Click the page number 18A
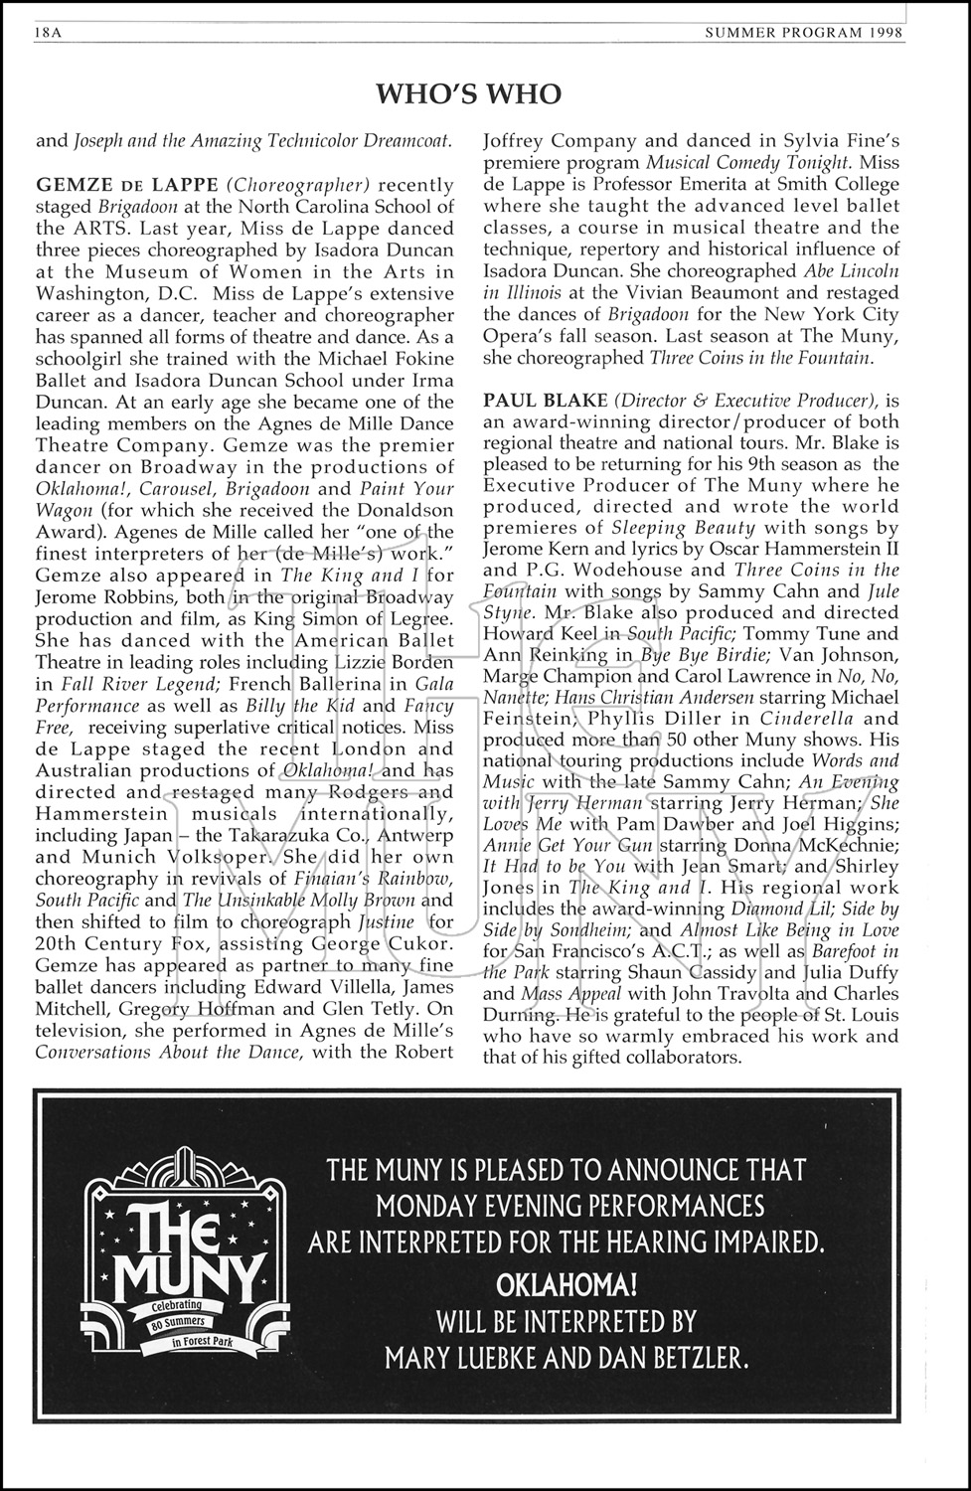[49, 32]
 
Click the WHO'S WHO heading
[469, 94]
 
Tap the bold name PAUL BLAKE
[545, 401]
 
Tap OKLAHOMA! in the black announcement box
[566, 1285]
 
